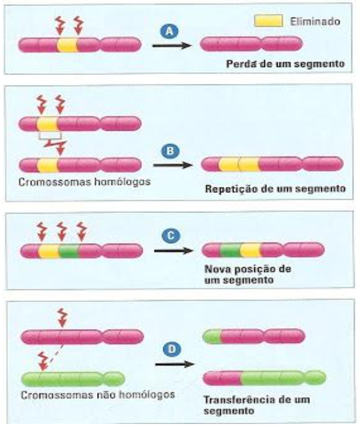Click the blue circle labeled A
click(x=169, y=32)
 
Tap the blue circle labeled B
click(x=171, y=151)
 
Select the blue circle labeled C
click(x=171, y=236)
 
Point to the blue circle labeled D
click(x=172, y=349)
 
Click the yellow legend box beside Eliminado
click(x=268, y=21)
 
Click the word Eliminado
click(x=315, y=21)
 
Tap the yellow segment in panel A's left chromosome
click(x=68, y=45)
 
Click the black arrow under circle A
click(x=171, y=46)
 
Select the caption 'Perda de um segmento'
click(x=285, y=64)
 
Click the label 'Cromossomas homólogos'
click(x=84, y=182)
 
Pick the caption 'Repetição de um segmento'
click(x=276, y=189)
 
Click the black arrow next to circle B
click(x=173, y=165)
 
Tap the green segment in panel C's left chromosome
click(x=69, y=251)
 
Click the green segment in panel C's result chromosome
click(x=230, y=250)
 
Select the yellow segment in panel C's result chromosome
click(x=251, y=250)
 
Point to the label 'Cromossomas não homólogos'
click(x=98, y=395)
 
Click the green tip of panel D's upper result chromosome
click(x=212, y=336)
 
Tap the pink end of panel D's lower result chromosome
click(x=222, y=378)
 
